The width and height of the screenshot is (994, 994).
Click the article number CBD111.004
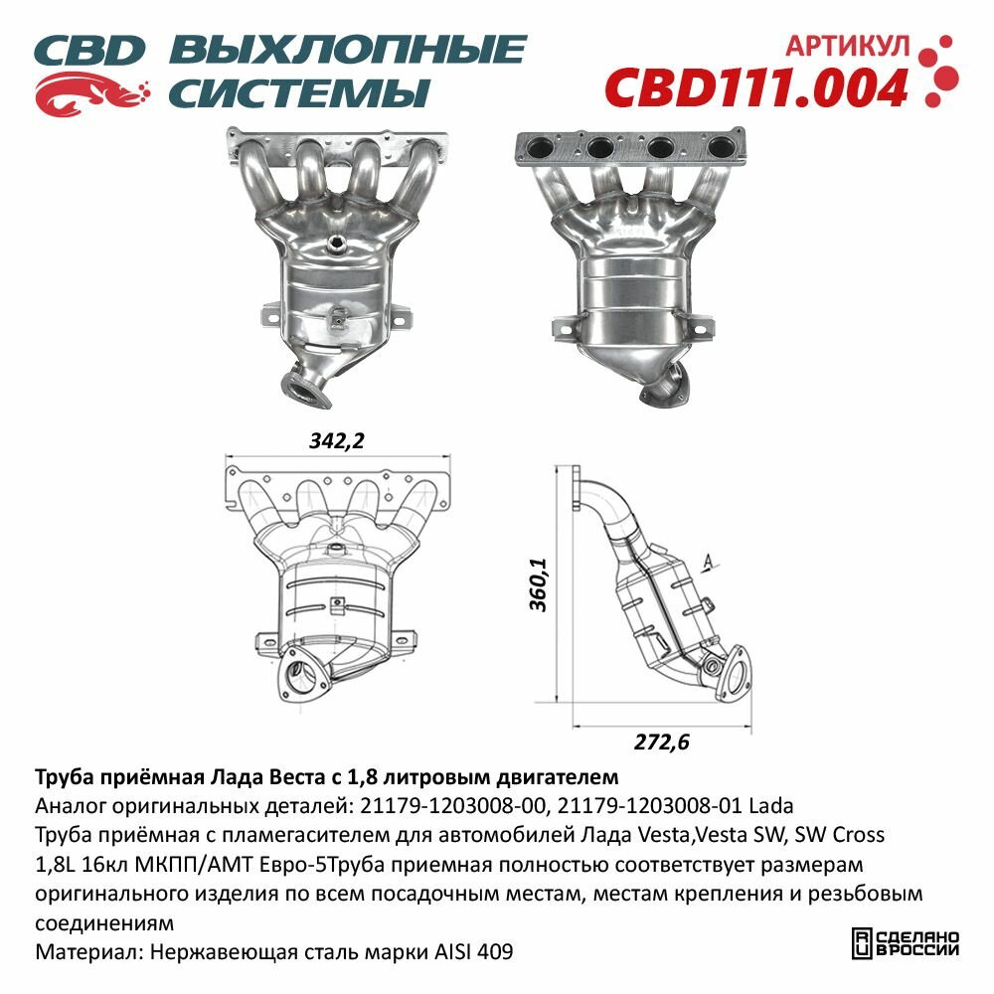click(755, 87)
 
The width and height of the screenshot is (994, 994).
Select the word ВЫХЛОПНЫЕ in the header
click(348, 50)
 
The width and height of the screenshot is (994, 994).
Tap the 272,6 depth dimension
click(661, 741)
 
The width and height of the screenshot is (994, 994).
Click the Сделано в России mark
click(907, 942)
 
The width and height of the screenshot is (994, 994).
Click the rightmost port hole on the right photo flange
click(717, 148)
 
